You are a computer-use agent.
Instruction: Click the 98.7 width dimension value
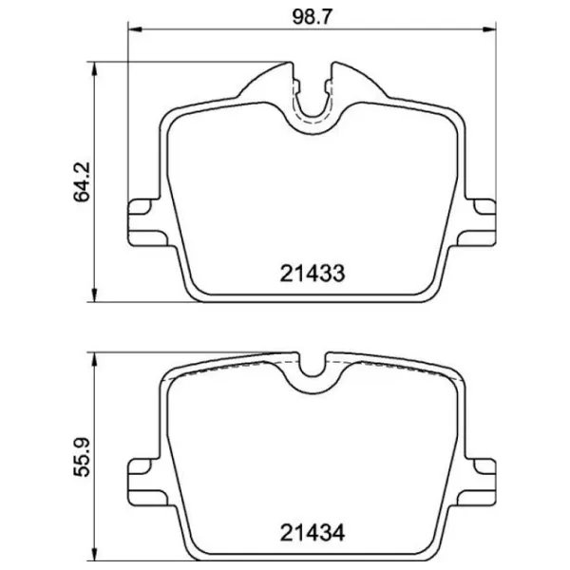pos(313,17)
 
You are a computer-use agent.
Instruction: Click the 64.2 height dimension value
pos(82,181)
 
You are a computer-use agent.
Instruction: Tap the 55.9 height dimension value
pos(82,457)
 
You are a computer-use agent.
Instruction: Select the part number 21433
pos(313,274)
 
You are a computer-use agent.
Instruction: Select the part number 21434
pos(313,533)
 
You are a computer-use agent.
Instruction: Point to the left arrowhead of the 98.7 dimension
pos(135,29)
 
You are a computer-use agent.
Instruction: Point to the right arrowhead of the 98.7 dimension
pos(489,29)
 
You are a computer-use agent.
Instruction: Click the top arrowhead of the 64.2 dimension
pos(94,68)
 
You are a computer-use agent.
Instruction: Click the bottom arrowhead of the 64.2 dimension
pos(94,295)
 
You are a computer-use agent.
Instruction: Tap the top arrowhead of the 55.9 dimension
pos(94,359)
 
